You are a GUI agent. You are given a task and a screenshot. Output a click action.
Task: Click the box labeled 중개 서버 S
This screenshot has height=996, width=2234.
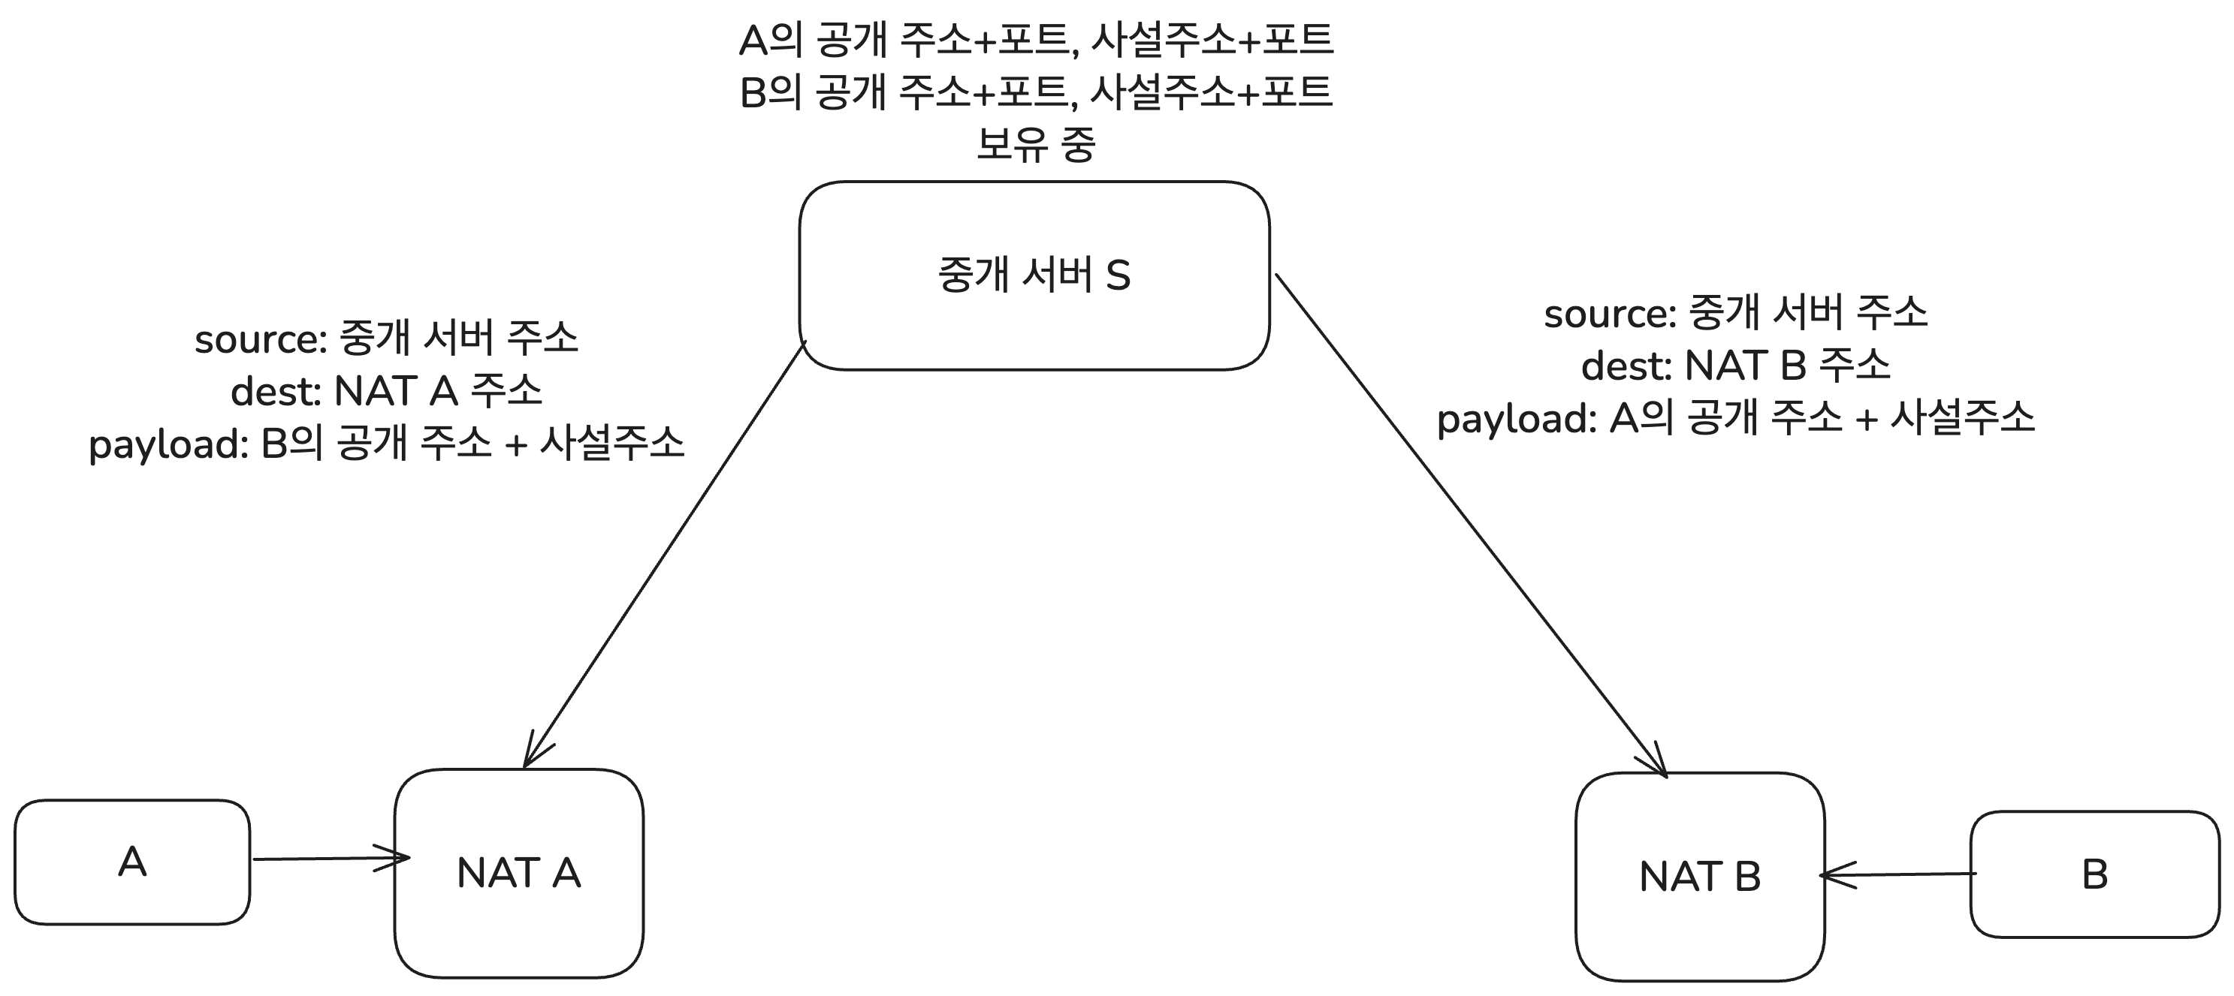[1034, 275]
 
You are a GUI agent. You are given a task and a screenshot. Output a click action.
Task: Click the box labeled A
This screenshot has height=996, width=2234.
[131, 862]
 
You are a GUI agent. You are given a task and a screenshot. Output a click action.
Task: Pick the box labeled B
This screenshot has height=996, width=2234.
[2094, 874]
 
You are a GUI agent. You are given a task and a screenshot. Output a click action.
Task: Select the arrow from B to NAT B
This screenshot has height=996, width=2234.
[1899, 874]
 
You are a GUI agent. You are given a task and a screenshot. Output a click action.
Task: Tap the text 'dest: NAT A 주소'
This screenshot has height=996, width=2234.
[387, 392]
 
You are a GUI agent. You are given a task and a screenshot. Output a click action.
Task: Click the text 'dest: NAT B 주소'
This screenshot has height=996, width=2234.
[1735, 366]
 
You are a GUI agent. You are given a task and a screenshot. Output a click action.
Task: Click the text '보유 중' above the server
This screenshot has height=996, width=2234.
[1035, 144]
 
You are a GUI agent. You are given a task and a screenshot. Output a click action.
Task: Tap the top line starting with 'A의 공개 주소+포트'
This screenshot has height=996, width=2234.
[1035, 40]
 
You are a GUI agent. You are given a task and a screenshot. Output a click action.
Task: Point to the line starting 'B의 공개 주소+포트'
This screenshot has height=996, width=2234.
[1035, 92]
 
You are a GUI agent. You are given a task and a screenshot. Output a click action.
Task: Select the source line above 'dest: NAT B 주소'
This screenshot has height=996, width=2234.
[1735, 313]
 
